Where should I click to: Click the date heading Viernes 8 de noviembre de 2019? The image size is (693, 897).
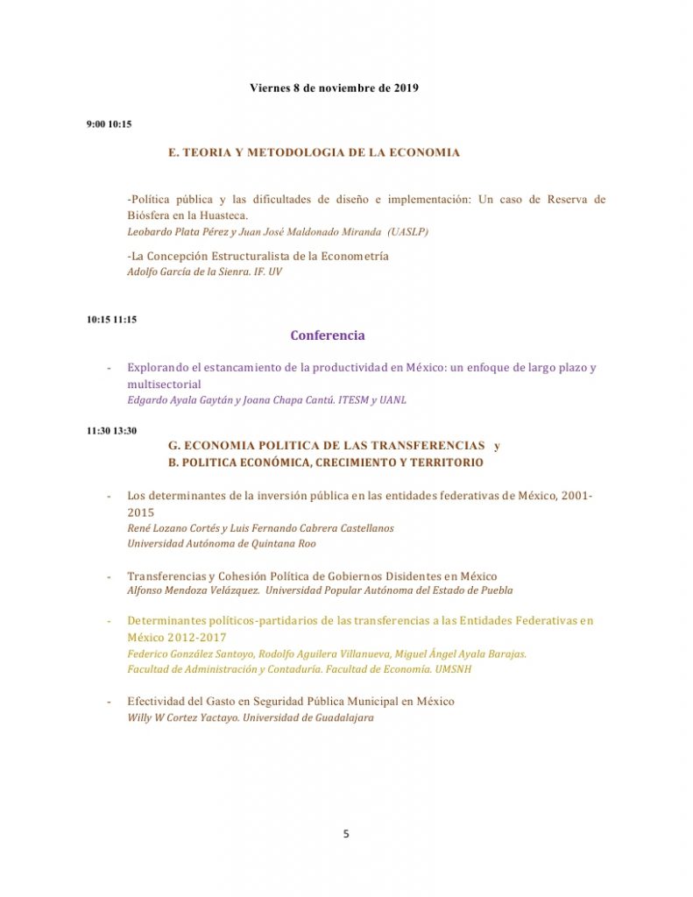point(334,88)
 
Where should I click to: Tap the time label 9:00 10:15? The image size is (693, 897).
point(109,124)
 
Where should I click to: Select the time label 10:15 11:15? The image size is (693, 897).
point(111,320)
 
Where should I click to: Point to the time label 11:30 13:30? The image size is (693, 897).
point(111,431)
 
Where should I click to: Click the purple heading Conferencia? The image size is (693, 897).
point(328,335)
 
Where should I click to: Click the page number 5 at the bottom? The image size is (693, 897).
point(346,834)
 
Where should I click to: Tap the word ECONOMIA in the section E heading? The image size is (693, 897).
point(423,152)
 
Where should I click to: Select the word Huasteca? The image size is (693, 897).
point(221,215)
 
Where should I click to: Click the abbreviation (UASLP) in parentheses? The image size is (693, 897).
point(407,231)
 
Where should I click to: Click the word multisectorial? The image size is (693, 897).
point(164,385)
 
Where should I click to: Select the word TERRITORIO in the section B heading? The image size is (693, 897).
point(442,462)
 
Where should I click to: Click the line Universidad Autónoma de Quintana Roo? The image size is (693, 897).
point(222,543)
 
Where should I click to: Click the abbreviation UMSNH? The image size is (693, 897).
point(455,669)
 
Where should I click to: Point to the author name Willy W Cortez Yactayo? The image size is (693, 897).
point(182,717)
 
